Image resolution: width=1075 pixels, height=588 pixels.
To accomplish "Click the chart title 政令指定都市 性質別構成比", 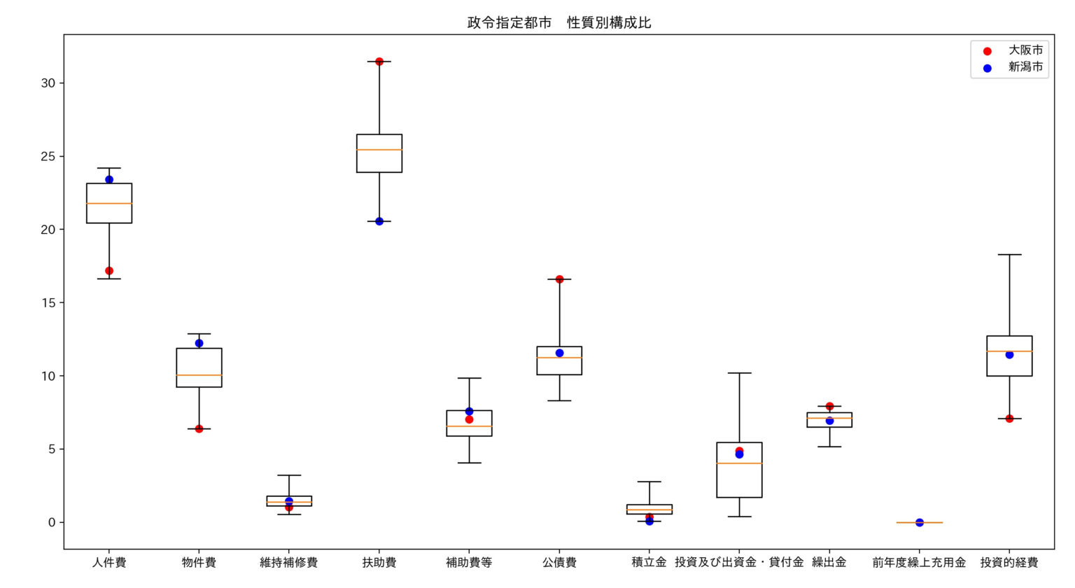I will [x=559, y=22].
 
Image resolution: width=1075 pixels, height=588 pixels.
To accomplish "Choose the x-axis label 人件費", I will [x=109, y=563].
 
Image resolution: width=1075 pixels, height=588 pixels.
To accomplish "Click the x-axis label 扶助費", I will [x=379, y=563].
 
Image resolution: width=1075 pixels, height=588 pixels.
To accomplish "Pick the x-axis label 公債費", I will [x=559, y=563].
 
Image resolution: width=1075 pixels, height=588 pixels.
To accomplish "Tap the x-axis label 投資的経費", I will [x=1009, y=563].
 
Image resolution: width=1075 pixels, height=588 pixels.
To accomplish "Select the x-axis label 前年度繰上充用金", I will [x=919, y=563].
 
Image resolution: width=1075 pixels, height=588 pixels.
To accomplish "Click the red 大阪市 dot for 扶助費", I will [x=379, y=62].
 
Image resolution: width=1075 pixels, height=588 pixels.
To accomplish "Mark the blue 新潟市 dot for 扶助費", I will [x=379, y=221].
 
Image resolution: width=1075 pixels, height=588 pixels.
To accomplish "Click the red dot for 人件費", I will [x=109, y=271].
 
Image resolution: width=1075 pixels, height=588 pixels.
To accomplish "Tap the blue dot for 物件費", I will [x=199, y=343].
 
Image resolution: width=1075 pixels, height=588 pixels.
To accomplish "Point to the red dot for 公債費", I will [x=559, y=279].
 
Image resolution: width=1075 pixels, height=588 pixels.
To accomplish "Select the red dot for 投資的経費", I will [x=1009, y=419].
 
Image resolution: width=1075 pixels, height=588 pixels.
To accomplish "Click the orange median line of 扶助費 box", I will [x=379, y=150].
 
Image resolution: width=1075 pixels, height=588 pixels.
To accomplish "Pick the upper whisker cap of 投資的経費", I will [x=1009, y=255].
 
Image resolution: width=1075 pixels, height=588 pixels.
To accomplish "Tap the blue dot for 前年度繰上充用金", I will [x=920, y=522].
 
